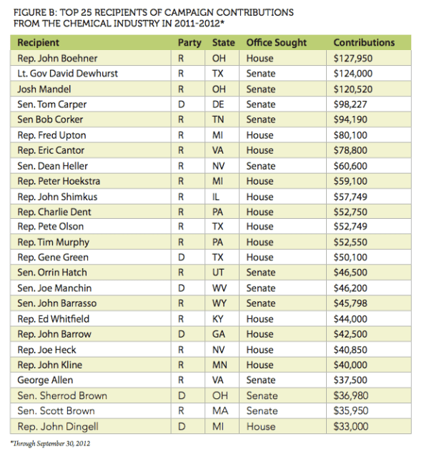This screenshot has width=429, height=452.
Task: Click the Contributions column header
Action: pyautogui.click(x=364, y=43)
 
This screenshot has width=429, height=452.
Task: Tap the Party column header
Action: pyautogui.click(x=189, y=43)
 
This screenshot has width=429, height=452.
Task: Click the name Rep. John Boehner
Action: pyautogui.click(x=57, y=58)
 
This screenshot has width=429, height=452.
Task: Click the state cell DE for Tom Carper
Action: pyautogui.click(x=220, y=104)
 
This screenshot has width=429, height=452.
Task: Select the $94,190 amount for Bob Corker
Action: pyautogui.click(x=353, y=119)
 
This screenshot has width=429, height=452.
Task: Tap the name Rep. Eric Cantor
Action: pyautogui.click(x=51, y=150)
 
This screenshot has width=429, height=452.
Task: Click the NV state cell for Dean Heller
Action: pyautogui.click(x=220, y=166)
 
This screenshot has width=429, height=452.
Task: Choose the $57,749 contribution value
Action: pyautogui.click(x=353, y=197)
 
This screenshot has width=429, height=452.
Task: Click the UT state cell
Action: pyautogui.click(x=220, y=272)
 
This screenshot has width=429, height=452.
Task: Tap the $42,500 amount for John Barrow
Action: pyautogui.click(x=353, y=334)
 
